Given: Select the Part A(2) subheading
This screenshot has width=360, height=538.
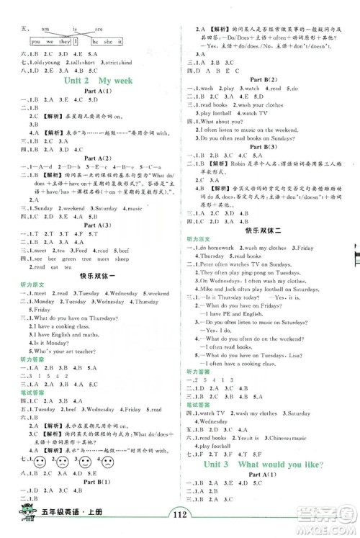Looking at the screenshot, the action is pos(89,189).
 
